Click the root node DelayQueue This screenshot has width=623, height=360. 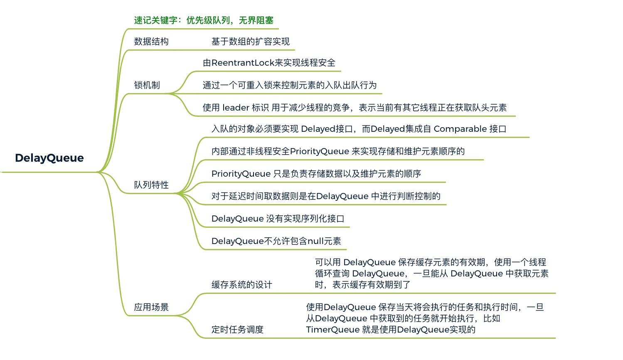pos(49,158)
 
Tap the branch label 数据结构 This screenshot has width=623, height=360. pos(151,42)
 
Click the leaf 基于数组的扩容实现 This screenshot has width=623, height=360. pos(250,42)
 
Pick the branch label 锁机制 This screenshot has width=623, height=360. pos(147,85)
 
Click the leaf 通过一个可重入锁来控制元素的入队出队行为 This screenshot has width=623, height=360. pos(289,85)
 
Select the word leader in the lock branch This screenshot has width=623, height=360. pos(236,108)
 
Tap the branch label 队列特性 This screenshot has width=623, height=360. pos(151,185)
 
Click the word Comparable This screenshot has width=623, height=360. pos(460,129)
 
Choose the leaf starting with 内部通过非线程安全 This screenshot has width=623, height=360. pos(337,151)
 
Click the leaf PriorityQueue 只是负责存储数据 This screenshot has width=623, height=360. pos(316,174)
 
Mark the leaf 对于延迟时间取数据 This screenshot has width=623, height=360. pos(325,196)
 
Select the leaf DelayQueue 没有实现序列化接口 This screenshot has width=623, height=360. pos(278,219)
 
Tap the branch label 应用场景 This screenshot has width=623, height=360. pos(151,307)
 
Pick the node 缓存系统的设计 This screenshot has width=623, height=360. pos(241,285)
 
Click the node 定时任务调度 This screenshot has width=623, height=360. pos(237,330)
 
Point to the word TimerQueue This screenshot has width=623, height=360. pos(332,330)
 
